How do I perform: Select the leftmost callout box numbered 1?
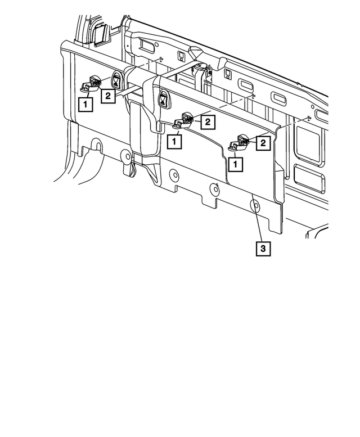pyautogui.click(x=85, y=104)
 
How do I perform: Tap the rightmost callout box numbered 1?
pyautogui.click(x=236, y=164)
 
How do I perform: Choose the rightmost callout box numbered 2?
pyautogui.click(x=262, y=144)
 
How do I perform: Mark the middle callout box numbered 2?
pyautogui.click(x=207, y=121)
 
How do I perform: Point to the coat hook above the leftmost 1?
pyautogui.click(x=91, y=84)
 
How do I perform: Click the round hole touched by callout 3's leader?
pyautogui.click(x=254, y=205)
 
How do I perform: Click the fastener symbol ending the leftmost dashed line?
pyautogui.click(x=161, y=58)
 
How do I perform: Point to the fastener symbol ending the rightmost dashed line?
pyautogui.click(x=310, y=118)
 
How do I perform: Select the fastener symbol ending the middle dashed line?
pyautogui.click(x=254, y=96)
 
